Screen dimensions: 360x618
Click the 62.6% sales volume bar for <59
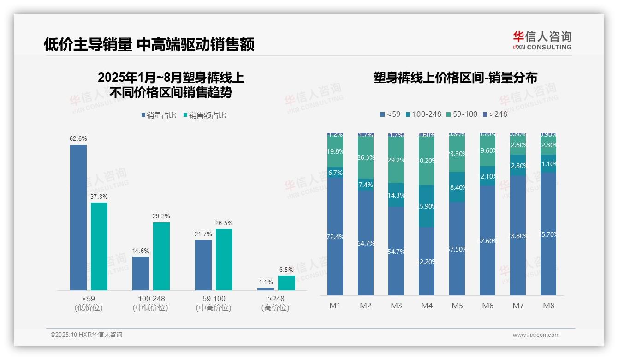click(x=78, y=217)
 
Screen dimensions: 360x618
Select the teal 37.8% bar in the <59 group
click(x=99, y=246)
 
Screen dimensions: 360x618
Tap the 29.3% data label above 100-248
click(x=161, y=216)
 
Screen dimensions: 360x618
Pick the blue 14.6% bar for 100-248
click(x=141, y=273)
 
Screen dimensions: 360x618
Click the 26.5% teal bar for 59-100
click(x=224, y=259)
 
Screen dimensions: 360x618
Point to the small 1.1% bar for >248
click(x=266, y=289)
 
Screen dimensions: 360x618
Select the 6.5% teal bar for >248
click(x=286, y=283)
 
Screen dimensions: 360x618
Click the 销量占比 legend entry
click(x=159, y=115)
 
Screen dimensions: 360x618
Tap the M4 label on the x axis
click(x=427, y=306)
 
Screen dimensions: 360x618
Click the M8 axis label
click(x=548, y=306)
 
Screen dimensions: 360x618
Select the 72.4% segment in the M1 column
click(x=335, y=237)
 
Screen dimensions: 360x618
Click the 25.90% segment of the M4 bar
click(x=427, y=206)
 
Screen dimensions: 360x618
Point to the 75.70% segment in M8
click(x=548, y=234)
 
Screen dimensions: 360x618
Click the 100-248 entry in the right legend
click(x=423, y=114)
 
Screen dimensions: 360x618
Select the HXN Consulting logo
click(x=542, y=40)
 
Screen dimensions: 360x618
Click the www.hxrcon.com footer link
click(x=536, y=335)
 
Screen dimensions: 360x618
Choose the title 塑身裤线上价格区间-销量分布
click(x=455, y=78)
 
